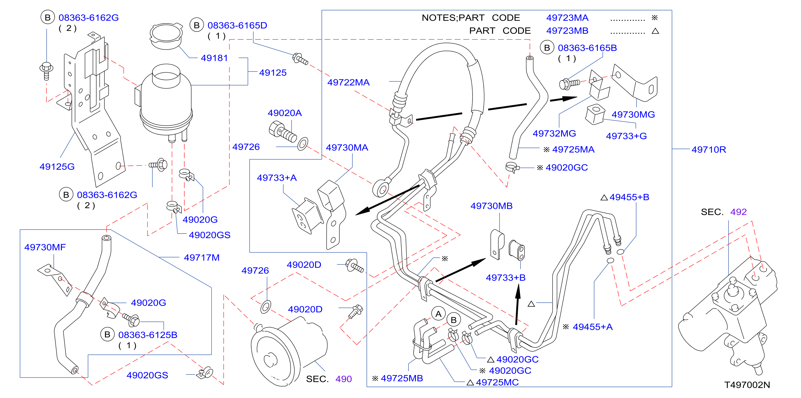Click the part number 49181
click(214, 58)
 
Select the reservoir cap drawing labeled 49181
click(166, 36)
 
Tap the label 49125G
click(57, 167)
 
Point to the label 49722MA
click(348, 82)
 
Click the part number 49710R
click(709, 150)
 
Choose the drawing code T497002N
click(747, 385)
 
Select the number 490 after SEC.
click(344, 379)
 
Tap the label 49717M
click(202, 257)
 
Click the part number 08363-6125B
click(148, 335)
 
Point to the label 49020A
click(285, 113)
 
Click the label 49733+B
click(506, 278)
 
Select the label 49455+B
click(629, 197)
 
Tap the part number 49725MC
click(497, 382)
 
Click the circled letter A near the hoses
click(439, 314)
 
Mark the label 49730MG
click(633, 115)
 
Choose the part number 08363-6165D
click(237, 25)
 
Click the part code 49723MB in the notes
click(567, 31)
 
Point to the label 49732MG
click(554, 134)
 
